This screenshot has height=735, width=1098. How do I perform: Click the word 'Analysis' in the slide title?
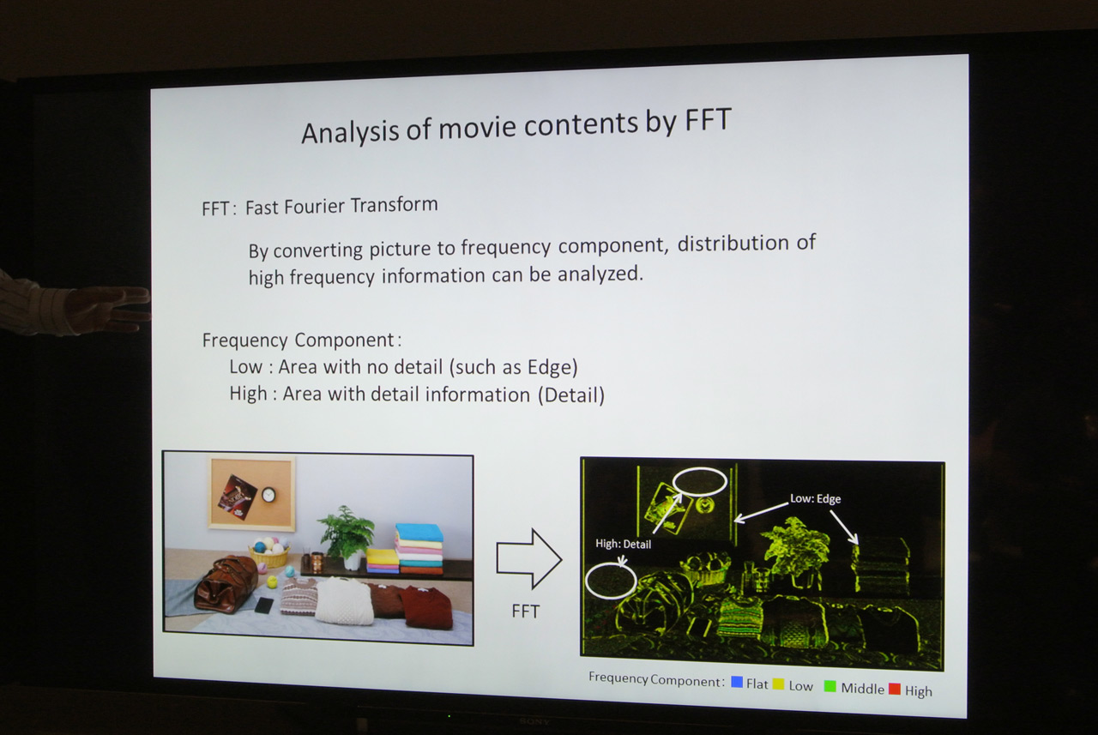(x=350, y=132)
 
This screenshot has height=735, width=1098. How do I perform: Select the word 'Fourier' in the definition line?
(x=313, y=207)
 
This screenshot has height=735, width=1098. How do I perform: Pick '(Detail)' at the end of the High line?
(x=571, y=395)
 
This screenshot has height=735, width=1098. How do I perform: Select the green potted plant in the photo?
(x=347, y=532)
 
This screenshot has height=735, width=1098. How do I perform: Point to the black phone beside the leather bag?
(x=264, y=605)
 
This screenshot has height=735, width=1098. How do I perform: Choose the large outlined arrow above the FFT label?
(x=529, y=558)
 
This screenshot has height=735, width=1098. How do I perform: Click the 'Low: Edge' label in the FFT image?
(x=815, y=499)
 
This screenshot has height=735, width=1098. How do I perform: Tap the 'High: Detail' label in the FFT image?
(x=623, y=544)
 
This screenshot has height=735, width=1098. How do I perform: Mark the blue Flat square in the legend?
(x=736, y=682)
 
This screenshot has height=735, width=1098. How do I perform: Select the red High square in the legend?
(x=895, y=689)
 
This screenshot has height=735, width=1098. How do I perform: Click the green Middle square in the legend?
(x=830, y=686)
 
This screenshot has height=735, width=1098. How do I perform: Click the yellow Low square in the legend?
(x=778, y=684)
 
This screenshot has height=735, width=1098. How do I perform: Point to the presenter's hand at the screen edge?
(x=111, y=309)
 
